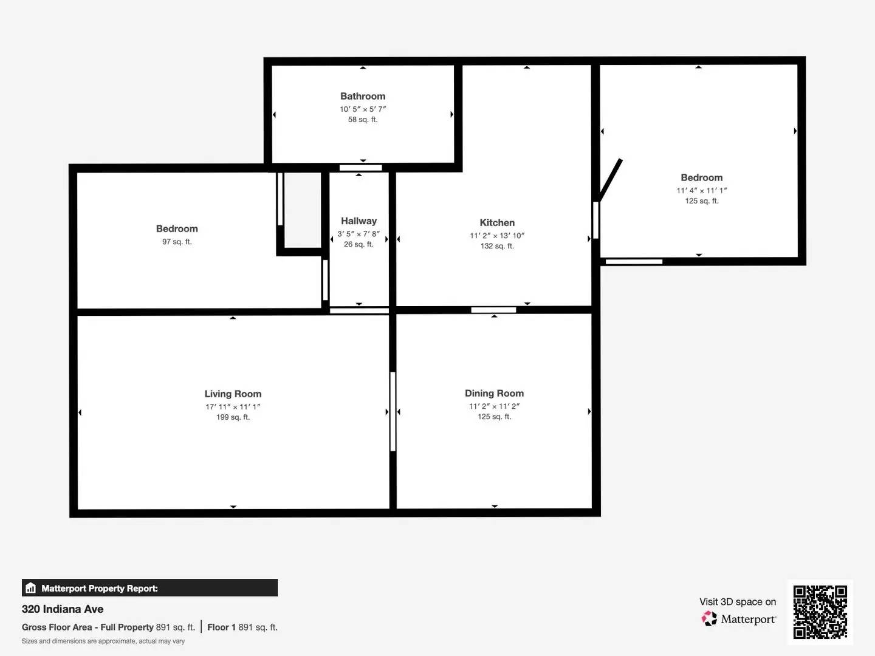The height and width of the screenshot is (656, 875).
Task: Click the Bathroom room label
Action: (x=363, y=96)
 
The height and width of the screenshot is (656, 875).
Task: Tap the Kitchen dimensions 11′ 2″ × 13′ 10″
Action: (x=496, y=236)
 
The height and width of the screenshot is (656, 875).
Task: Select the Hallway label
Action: (x=359, y=221)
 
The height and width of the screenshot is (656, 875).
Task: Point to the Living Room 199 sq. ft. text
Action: (x=233, y=417)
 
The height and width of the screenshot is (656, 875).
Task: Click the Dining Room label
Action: (x=494, y=393)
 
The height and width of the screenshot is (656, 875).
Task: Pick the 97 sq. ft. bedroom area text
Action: (x=177, y=242)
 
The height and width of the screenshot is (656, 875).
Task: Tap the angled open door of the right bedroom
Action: (x=610, y=180)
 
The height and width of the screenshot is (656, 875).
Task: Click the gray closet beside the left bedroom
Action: (x=303, y=210)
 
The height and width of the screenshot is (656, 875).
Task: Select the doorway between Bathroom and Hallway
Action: (x=360, y=168)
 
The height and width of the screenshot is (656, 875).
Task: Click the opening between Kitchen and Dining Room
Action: (x=493, y=310)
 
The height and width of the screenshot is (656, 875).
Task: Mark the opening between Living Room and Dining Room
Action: (x=393, y=411)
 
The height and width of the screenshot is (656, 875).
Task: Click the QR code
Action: (x=820, y=612)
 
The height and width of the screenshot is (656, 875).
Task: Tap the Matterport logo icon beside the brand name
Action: (x=709, y=619)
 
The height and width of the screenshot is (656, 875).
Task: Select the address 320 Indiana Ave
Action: (x=63, y=609)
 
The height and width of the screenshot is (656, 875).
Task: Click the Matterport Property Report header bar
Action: (x=149, y=588)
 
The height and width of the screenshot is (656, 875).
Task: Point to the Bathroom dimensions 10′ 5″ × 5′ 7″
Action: (x=363, y=109)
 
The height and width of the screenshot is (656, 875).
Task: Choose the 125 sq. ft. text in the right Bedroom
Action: (x=702, y=201)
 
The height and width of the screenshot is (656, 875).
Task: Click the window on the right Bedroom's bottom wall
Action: (x=634, y=262)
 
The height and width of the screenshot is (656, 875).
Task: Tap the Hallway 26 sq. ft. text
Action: (x=359, y=244)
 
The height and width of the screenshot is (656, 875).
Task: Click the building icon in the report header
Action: (x=31, y=588)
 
